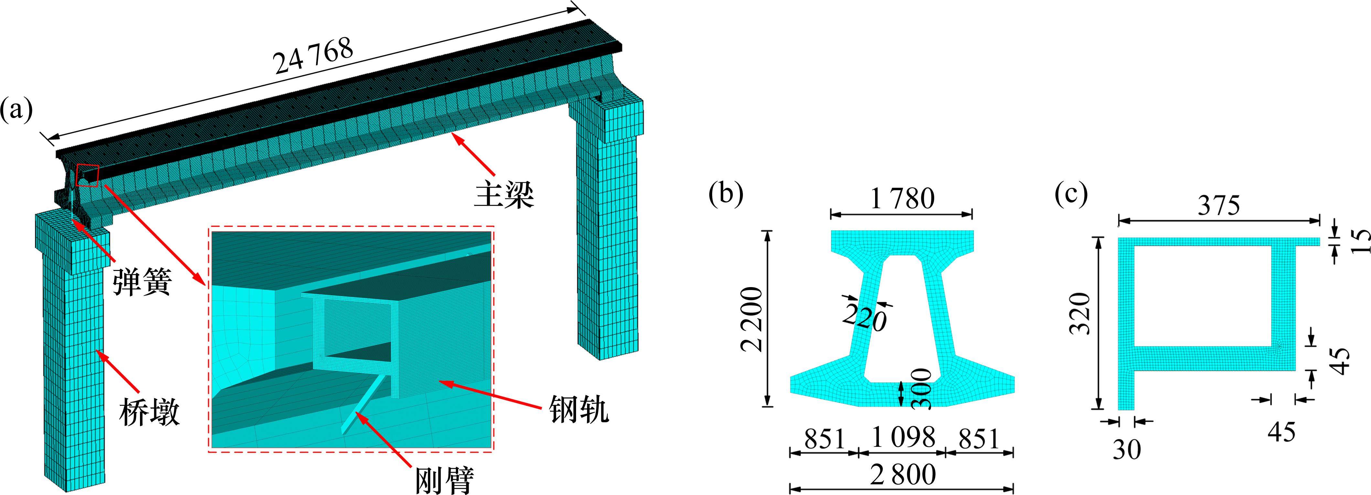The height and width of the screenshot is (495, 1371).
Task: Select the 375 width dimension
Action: pos(1219,205)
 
